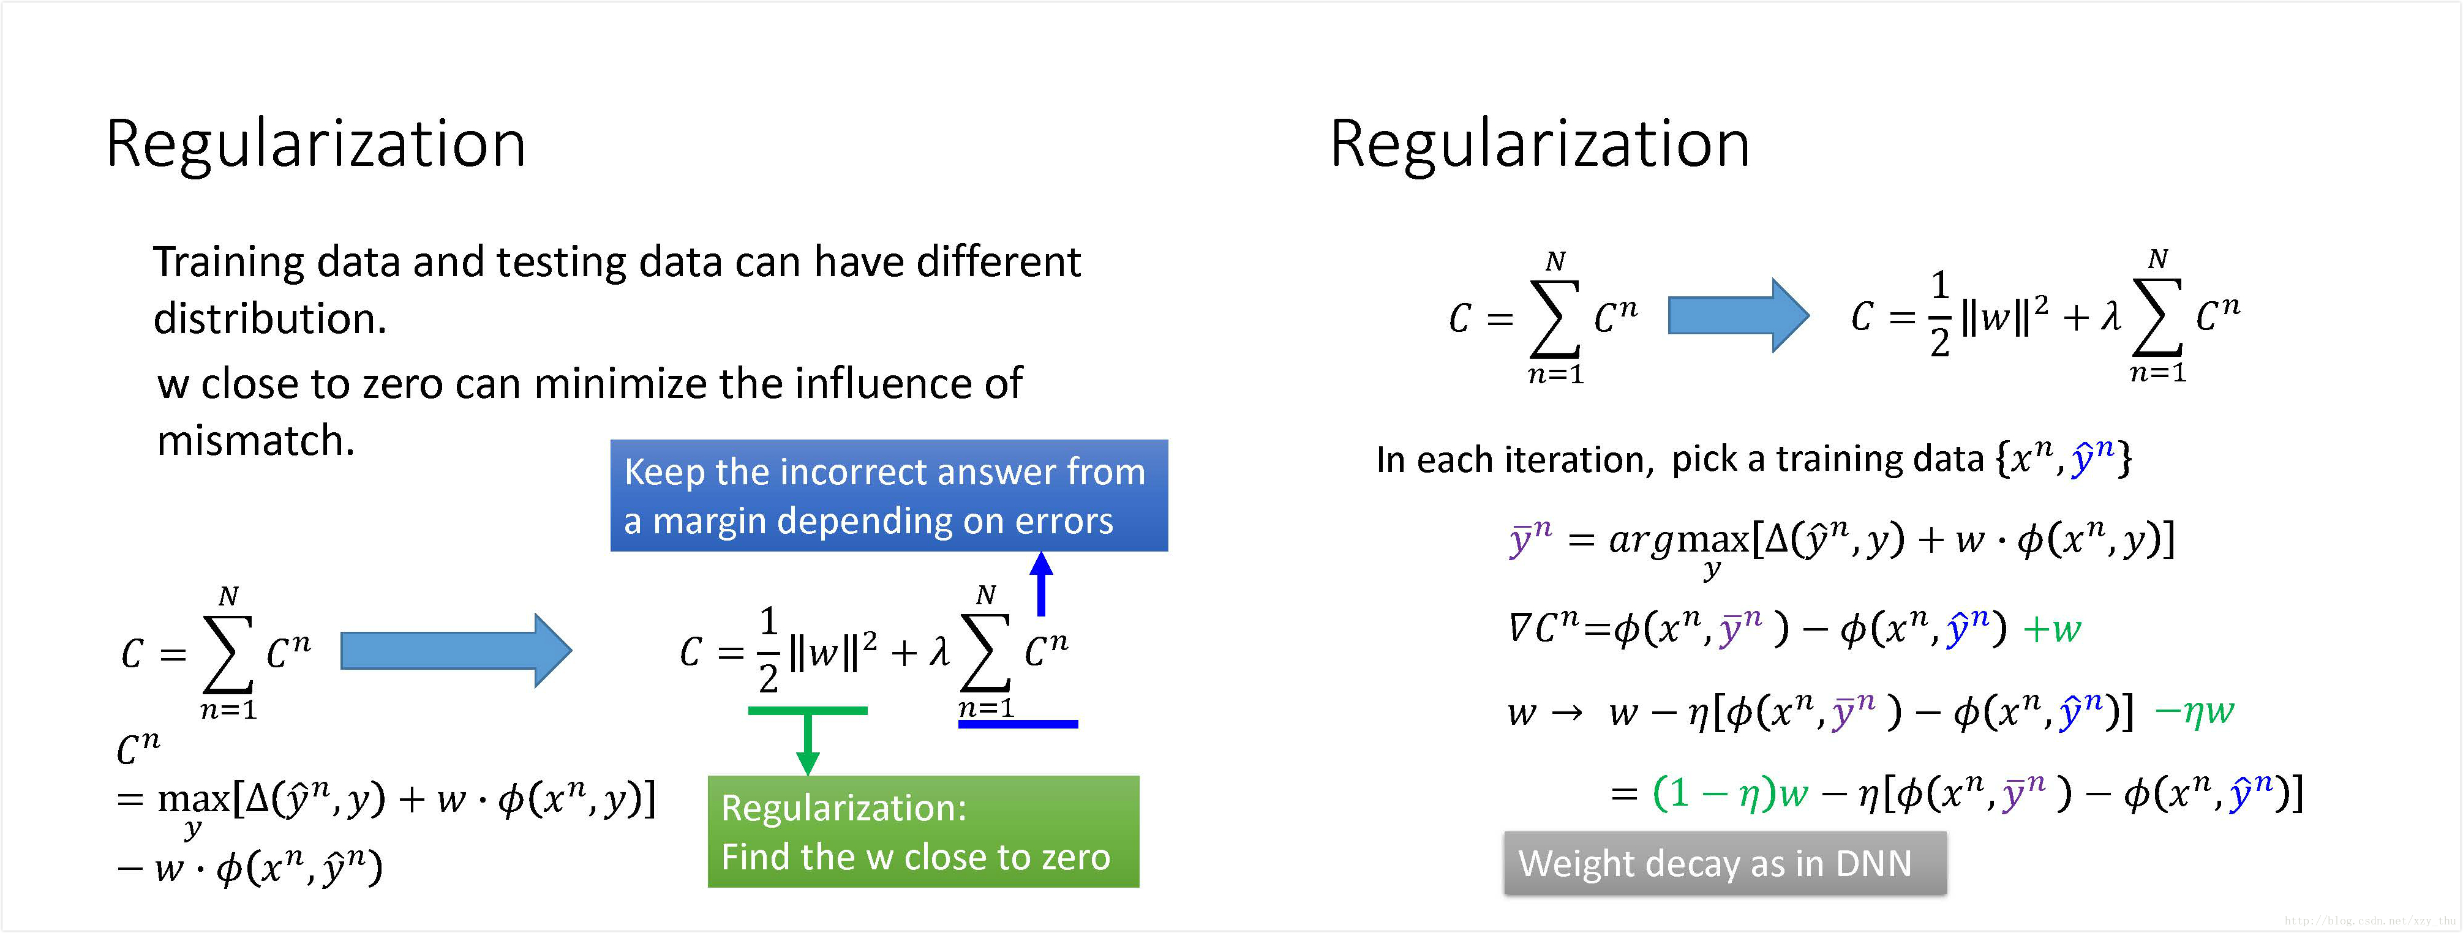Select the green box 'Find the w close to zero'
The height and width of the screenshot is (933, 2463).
[x=923, y=831]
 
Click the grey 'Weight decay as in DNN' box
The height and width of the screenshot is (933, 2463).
[x=1724, y=863]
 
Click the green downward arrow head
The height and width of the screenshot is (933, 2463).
[x=808, y=762]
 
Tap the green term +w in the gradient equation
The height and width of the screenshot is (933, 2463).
[x=2052, y=629]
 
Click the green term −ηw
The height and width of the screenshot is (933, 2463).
[x=2194, y=711]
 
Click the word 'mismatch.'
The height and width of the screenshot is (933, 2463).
[x=255, y=441]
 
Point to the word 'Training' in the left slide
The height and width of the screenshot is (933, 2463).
[x=228, y=262]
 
